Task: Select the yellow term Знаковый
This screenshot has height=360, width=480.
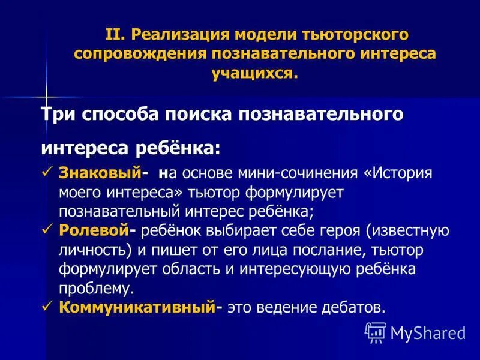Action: [100, 173]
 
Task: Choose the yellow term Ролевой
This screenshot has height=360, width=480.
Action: [94, 230]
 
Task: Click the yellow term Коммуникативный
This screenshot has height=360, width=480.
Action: [137, 307]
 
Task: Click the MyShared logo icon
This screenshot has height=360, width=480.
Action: [376, 331]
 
